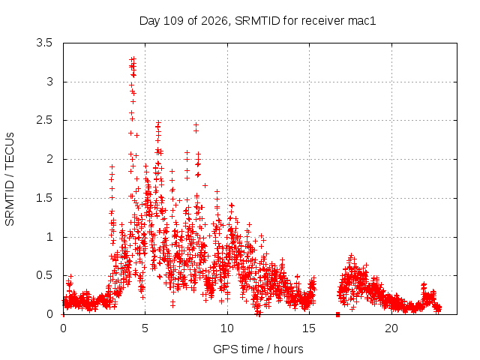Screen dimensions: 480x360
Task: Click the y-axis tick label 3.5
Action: click(44, 43)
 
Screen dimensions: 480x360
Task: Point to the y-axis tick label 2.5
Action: click(44, 120)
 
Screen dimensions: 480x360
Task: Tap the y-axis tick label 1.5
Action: click(44, 198)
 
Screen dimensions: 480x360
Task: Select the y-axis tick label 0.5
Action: click(44, 275)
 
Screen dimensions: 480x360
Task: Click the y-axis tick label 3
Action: click(49, 82)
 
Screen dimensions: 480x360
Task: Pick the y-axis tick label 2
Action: click(49, 159)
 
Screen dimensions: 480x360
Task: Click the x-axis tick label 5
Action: click(145, 328)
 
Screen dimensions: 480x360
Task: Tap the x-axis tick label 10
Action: click(227, 328)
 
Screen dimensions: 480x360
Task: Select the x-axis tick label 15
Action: click(309, 328)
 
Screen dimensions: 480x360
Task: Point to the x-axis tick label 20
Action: click(391, 328)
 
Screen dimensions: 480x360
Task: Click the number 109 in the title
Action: click(173, 21)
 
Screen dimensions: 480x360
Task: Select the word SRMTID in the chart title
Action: click(257, 21)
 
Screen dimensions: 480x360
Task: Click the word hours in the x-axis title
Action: click(288, 349)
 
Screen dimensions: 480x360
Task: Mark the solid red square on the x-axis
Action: click(338, 314)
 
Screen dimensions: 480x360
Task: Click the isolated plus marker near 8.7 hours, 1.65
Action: click(205, 185)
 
